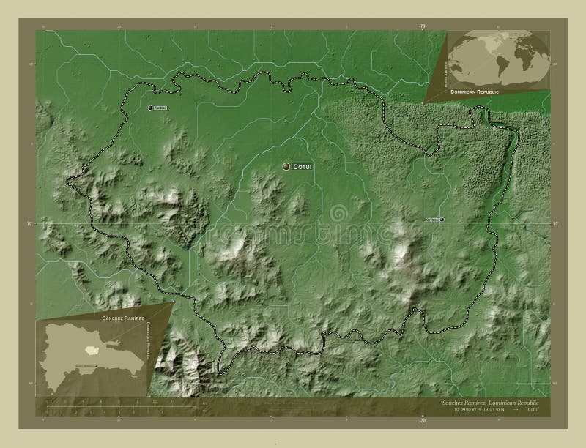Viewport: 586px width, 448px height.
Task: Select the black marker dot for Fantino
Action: coord(150,108)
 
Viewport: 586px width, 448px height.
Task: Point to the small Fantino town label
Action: coord(161,108)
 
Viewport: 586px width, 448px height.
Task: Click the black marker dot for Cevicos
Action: coord(442,219)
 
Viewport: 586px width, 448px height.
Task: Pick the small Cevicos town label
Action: coord(431,219)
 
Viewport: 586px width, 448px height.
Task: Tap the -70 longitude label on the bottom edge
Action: coord(423,421)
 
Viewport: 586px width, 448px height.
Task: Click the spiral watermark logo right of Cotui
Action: coord(338,213)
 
